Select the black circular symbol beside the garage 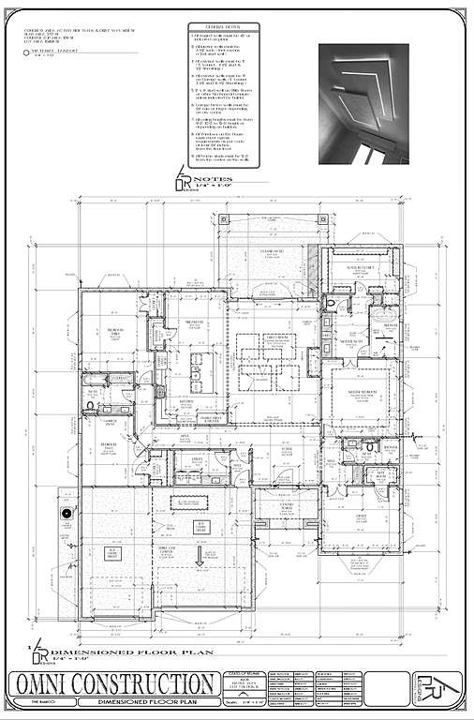coord(67,513)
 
